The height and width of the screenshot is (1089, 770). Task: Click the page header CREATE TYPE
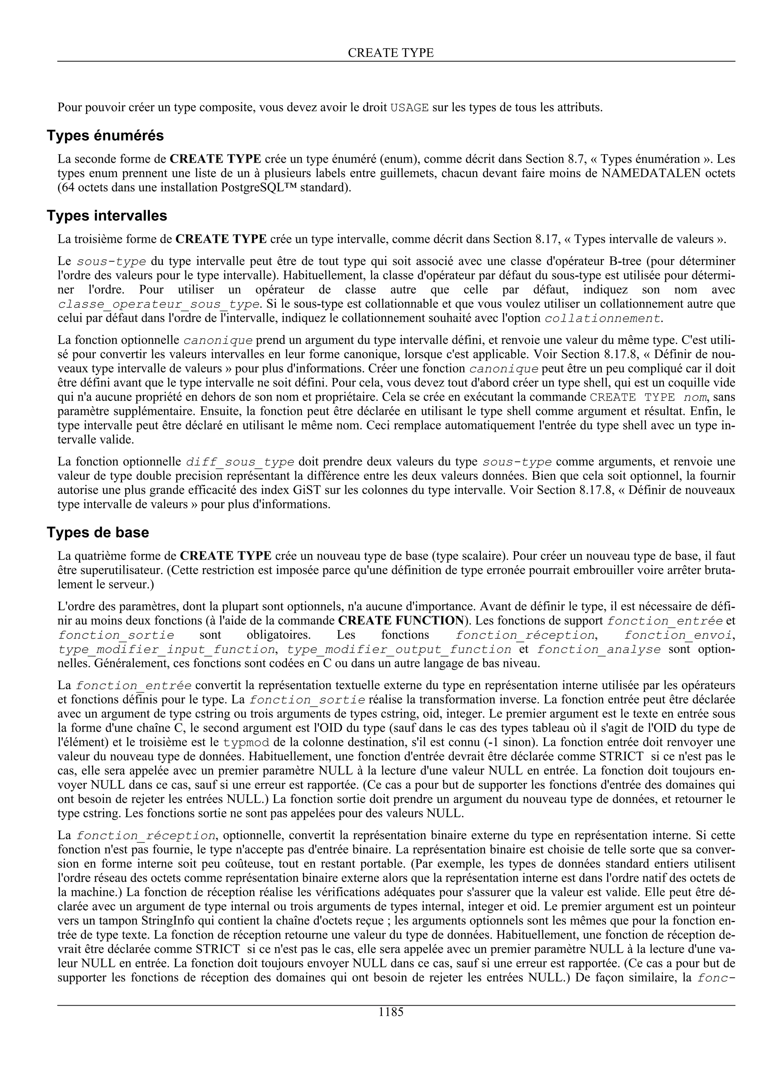tap(391, 53)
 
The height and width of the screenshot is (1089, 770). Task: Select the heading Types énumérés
tap(105, 136)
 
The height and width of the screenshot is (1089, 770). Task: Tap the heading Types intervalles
tap(107, 216)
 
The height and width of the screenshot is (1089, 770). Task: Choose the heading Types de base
tap(98, 532)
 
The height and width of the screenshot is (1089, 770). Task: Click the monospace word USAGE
tap(409, 108)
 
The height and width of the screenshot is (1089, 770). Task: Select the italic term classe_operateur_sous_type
tap(158, 304)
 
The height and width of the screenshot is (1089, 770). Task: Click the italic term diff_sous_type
tap(240, 461)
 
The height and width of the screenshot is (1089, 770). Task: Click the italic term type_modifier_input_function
tap(167, 649)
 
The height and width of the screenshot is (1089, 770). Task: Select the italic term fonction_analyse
tap(599, 649)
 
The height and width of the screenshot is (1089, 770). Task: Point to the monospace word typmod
tap(246, 742)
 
